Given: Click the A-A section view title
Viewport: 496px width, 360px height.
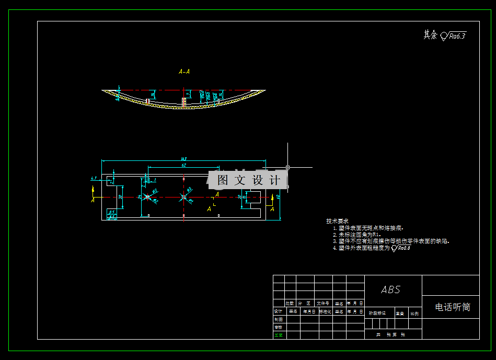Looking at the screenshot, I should pyautogui.click(x=184, y=72).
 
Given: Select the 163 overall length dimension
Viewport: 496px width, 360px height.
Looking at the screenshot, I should pyautogui.click(x=184, y=158).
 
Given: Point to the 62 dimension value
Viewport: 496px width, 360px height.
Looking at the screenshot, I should pyautogui.click(x=184, y=165).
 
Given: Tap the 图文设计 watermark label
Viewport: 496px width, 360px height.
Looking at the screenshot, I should pyautogui.click(x=248, y=180).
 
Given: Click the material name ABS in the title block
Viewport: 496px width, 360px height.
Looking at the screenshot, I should pyautogui.click(x=391, y=289).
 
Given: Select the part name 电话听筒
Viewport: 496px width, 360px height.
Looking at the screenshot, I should pyautogui.click(x=453, y=307).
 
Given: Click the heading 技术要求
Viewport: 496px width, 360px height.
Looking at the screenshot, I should pyautogui.click(x=337, y=221).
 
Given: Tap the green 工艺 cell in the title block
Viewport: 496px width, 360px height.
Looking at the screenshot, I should pyautogui.click(x=279, y=335).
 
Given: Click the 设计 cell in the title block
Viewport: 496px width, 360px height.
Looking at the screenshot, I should pyautogui.click(x=279, y=311).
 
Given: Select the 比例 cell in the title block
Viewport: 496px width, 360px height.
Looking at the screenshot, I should pyautogui.click(x=414, y=313).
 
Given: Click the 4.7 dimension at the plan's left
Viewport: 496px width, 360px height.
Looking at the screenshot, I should pyautogui.click(x=94, y=179).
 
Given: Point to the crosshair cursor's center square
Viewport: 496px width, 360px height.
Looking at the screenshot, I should pyautogui.click(x=287, y=167).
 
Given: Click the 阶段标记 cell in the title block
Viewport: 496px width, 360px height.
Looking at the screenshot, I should pyautogui.click(x=377, y=313).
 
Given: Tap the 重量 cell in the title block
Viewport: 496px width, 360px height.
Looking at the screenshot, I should pyautogui.click(x=400, y=313).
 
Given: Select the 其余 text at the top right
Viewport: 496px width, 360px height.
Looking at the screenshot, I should pyautogui.click(x=430, y=35).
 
